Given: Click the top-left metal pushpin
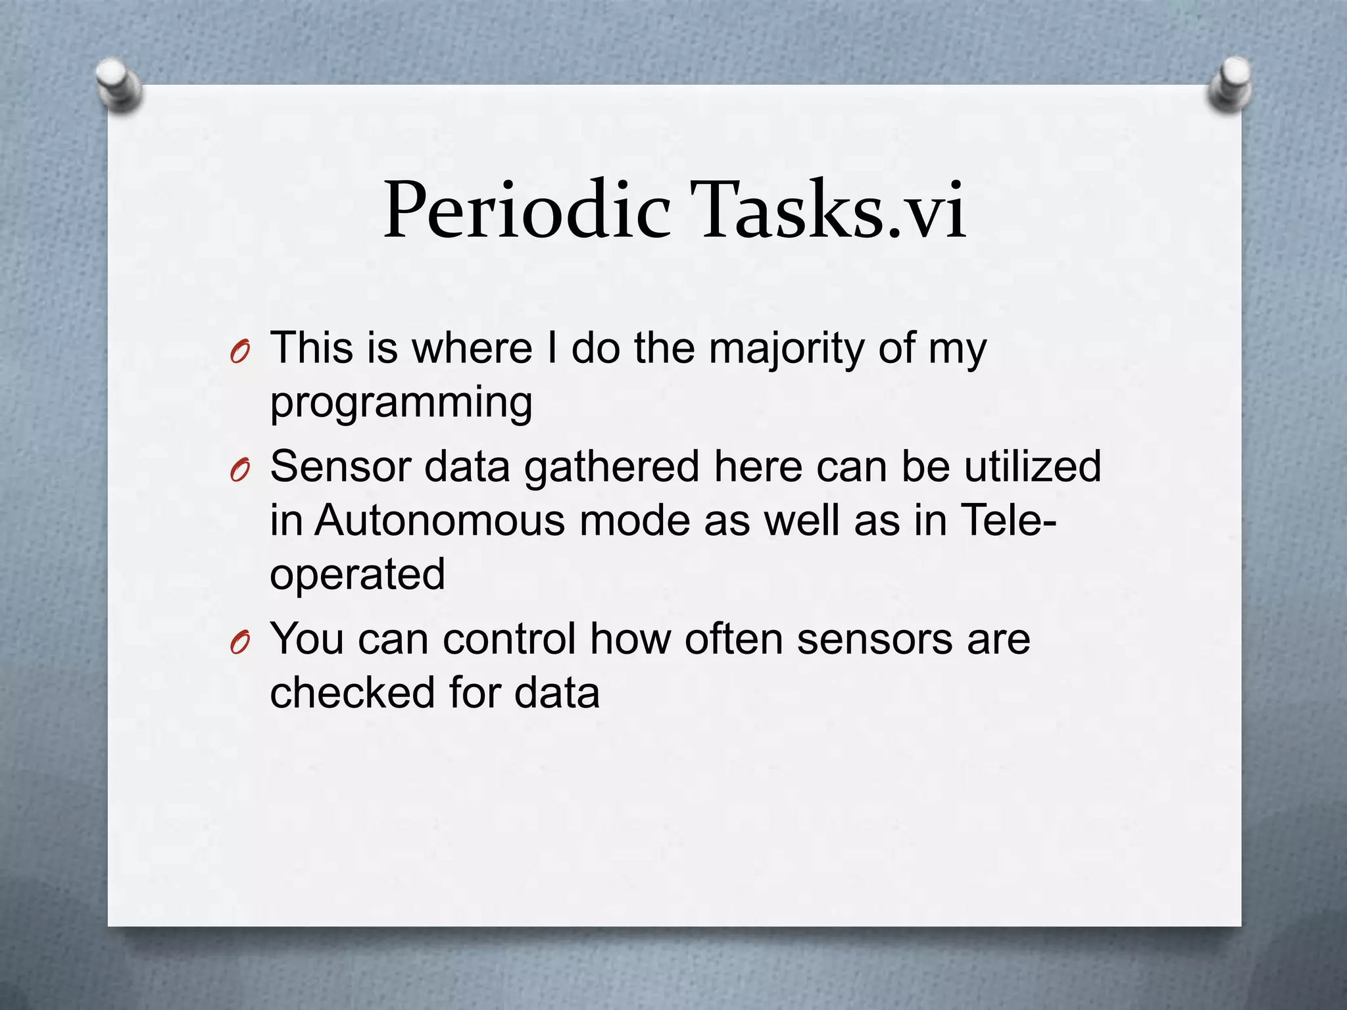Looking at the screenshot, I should [118, 85].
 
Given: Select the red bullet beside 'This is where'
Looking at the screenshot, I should [240, 354].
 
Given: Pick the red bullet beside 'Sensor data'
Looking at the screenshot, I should [240, 471].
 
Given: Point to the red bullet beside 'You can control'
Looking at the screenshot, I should [240, 644].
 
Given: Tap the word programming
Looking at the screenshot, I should [401, 402].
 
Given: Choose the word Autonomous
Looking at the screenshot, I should [439, 520].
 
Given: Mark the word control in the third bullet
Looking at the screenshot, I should [508, 638].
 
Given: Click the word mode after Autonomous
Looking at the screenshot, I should [633, 520].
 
